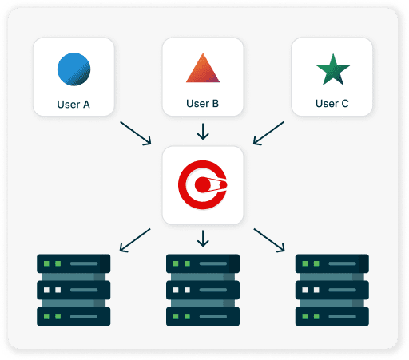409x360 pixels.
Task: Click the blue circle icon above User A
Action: (x=73, y=69)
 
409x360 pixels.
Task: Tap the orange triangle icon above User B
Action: (x=202, y=69)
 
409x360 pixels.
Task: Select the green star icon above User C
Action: (x=332, y=69)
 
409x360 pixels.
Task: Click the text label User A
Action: (x=73, y=103)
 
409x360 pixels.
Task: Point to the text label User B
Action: (x=202, y=103)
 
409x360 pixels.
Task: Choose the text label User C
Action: (x=332, y=103)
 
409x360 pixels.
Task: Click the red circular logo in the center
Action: (x=203, y=184)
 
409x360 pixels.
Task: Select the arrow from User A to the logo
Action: (x=135, y=133)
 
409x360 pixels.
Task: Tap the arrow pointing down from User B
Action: (x=203, y=130)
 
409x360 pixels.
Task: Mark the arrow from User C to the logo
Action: (x=268, y=133)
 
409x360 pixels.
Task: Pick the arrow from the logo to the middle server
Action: (x=203, y=237)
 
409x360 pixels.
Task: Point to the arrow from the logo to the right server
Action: (x=269, y=239)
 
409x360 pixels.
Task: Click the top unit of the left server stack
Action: (x=73, y=263)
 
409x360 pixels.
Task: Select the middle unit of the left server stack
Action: (x=73, y=290)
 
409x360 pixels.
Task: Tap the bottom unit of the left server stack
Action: (x=73, y=315)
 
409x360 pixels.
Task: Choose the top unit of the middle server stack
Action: (x=203, y=263)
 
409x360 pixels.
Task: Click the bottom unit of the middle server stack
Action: (x=203, y=315)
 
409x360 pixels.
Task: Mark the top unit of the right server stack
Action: (x=332, y=263)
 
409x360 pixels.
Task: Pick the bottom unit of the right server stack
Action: (x=332, y=315)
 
